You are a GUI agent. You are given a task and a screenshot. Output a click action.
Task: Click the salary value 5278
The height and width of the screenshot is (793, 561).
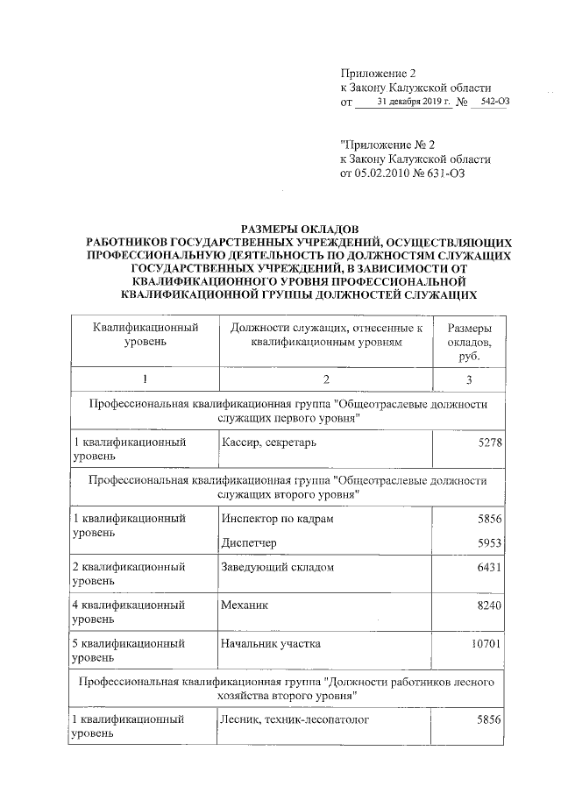[486, 443]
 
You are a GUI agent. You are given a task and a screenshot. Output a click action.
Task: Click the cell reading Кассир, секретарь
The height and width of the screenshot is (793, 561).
[268, 443]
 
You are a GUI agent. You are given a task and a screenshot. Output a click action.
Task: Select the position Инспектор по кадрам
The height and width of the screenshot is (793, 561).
[276, 518]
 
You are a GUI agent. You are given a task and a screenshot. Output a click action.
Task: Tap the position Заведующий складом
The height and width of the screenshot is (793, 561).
[277, 567]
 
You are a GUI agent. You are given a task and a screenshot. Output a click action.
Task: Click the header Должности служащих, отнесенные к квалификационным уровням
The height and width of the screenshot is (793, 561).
[325, 335]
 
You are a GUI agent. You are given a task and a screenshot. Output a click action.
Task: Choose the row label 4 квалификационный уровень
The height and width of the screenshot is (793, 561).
[128, 611]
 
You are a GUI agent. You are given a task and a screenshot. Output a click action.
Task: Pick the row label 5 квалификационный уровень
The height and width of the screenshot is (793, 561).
[128, 649]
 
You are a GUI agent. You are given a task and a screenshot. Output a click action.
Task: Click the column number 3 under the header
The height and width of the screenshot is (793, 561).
[469, 379]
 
